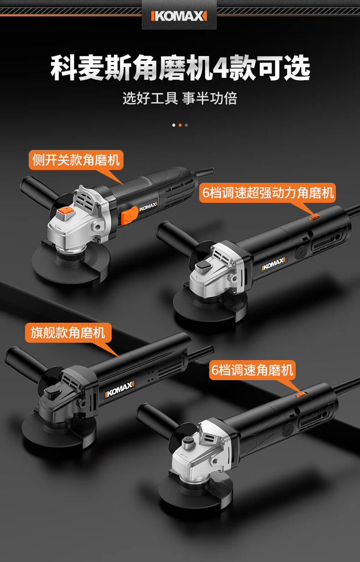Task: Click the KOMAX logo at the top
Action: pyautogui.click(x=179, y=16)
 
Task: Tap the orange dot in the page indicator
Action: pyautogui.click(x=180, y=125)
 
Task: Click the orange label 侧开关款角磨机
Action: pyautogui.click(x=76, y=160)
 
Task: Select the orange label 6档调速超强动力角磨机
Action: pyautogui.click(x=267, y=193)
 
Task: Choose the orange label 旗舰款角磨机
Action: pyautogui.click(x=68, y=333)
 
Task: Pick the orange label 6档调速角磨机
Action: pyautogui.click(x=252, y=370)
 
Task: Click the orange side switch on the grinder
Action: pyautogui.click(x=129, y=215)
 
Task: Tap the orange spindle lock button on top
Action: pyautogui.click(x=65, y=213)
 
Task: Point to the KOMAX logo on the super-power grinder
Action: pyautogui.click(x=273, y=264)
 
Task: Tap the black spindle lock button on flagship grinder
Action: pyautogui.click(x=51, y=391)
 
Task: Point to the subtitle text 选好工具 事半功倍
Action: pyautogui.click(x=180, y=98)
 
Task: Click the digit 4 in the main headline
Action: pyautogui.click(x=220, y=68)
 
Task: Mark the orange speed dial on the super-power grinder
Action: pyautogui.click(x=314, y=217)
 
